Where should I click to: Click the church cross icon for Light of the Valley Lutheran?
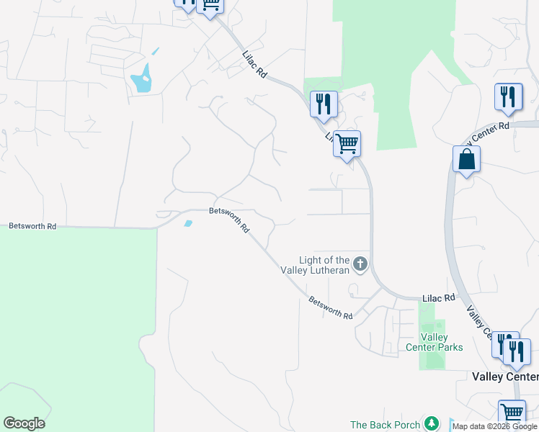(360, 264)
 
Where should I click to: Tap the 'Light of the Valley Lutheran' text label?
(324, 265)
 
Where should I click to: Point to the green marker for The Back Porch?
(431, 424)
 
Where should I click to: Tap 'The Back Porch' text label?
(385, 425)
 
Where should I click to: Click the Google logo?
(24, 423)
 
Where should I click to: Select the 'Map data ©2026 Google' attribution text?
(495, 426)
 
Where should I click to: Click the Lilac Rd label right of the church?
(440, 297)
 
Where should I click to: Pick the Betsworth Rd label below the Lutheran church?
(331, 307)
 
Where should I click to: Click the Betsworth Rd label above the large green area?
(32, 225)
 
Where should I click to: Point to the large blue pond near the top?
(142, 79)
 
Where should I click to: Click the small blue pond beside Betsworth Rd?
(189, 223)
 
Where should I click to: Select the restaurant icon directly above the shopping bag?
(509, 97)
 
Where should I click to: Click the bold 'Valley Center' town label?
(505, 377)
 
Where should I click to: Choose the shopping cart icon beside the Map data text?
(512, 413)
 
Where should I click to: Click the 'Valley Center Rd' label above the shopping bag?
(490, 132)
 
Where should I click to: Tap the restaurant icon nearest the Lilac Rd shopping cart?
(324, 103)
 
